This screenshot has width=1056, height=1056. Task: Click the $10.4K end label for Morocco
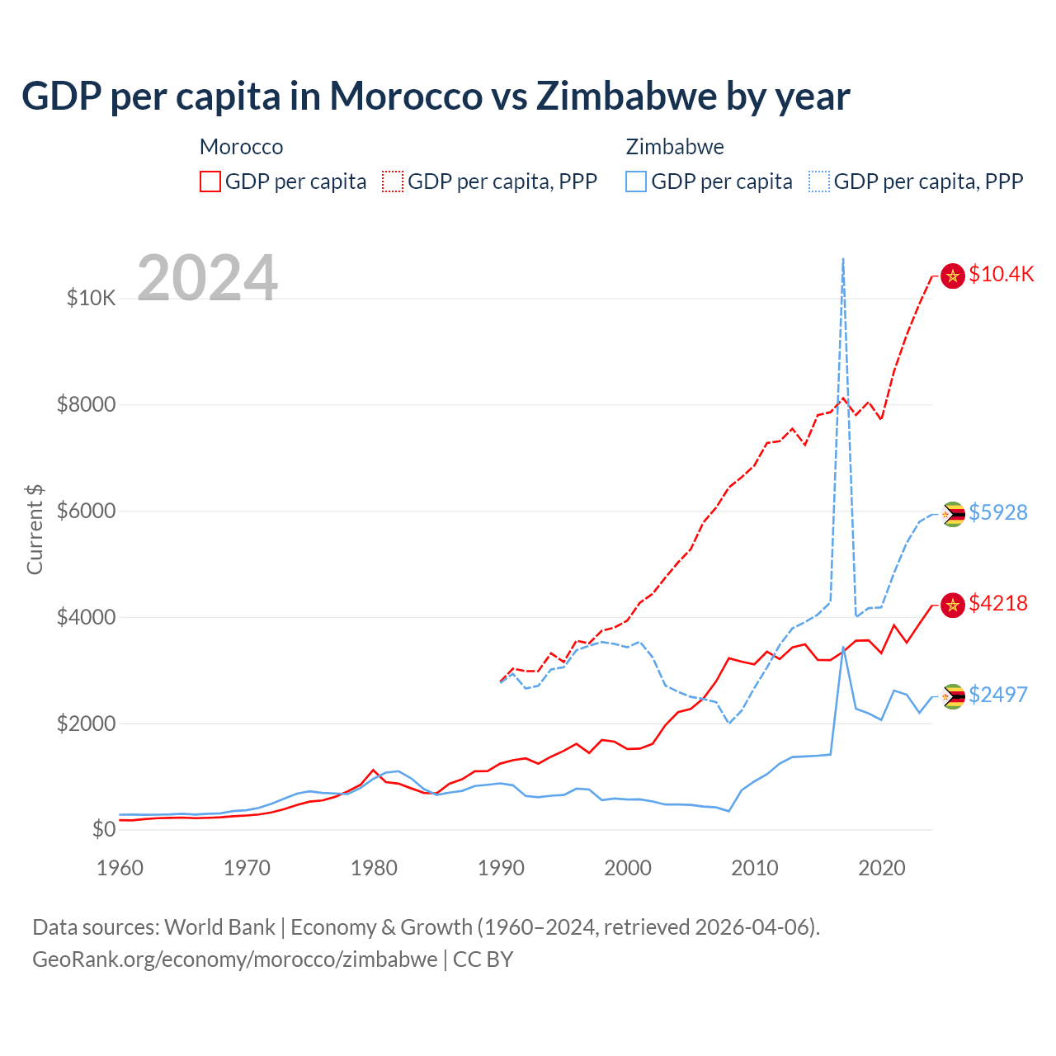(1001, 275)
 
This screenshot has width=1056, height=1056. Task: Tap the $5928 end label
(997, 512)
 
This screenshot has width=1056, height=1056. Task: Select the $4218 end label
(997, 603)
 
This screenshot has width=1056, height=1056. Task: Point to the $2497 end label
(997, 695)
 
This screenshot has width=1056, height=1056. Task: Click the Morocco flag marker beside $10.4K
(953, 276)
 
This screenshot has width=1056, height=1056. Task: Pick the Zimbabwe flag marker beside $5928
(953, 514)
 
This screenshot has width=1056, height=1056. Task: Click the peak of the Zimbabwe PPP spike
(842, 260)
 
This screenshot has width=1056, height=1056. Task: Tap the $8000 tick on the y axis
(86, 404)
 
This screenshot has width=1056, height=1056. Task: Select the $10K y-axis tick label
(91, 298)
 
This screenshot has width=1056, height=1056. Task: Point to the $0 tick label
(103, 829)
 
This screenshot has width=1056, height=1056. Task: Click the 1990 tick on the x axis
(501, 868)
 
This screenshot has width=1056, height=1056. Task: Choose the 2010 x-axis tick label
(755, 868)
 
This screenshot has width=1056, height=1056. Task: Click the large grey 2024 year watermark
(207, 278)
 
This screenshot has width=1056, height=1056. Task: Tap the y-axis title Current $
(35, 529)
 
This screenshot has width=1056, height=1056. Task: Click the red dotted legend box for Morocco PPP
(393, 181)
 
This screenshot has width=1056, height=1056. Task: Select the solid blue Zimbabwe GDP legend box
(636, 181)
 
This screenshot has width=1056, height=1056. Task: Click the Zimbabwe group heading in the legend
(675, 147)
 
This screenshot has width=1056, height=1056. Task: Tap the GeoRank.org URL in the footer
(235, 959)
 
